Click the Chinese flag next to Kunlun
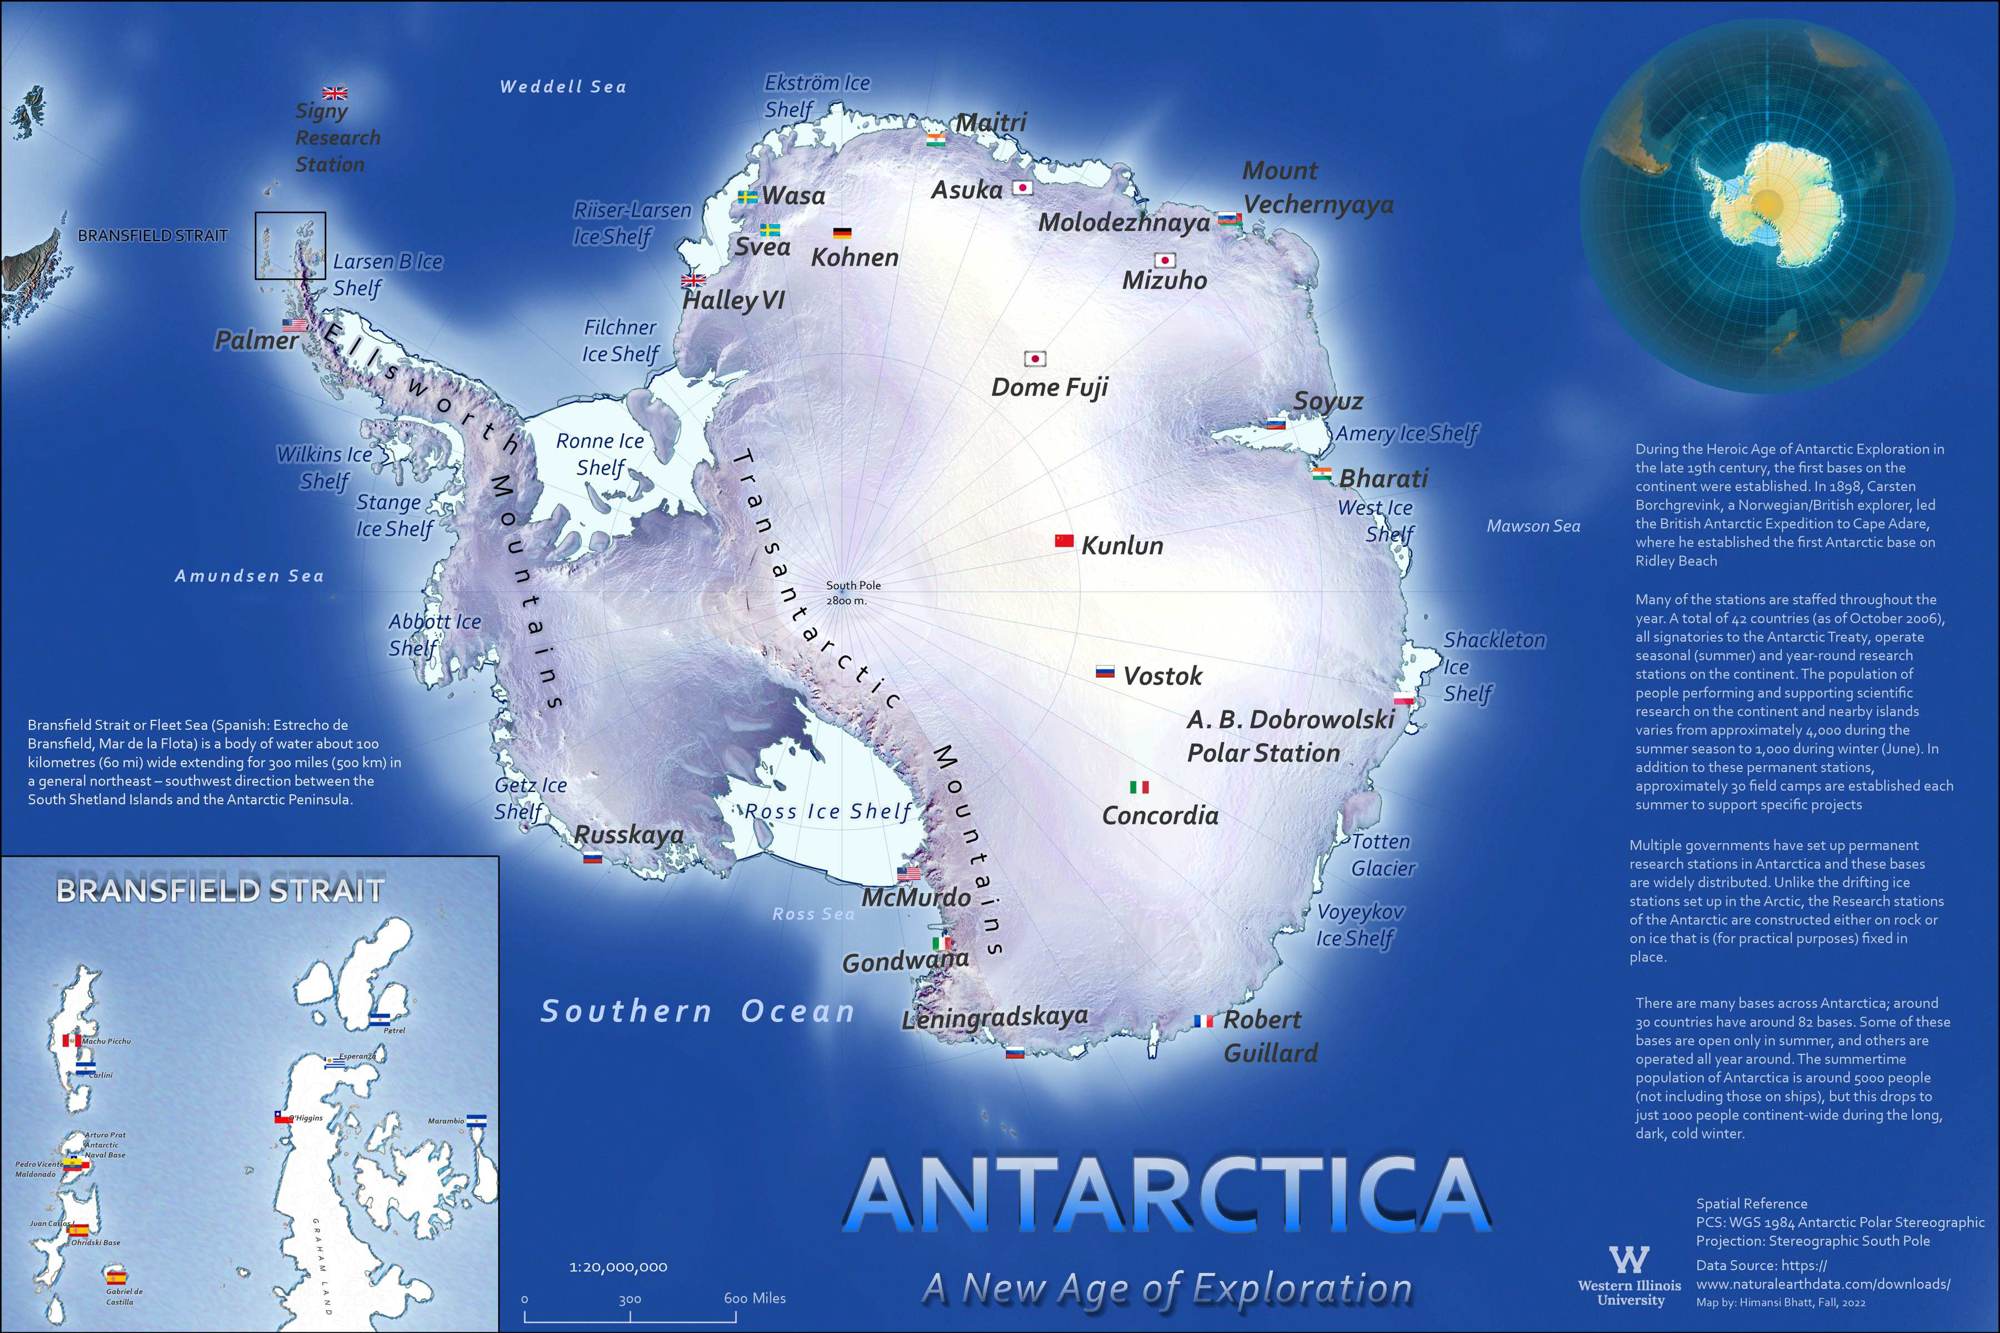coord(1064,540)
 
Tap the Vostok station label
coord(1162,676)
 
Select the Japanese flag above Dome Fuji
coord(1035,359)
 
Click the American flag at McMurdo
coord(909,874)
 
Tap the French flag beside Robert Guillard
coord(1203,1021)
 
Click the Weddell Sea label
coord(563,87)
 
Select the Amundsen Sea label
coord(249,577)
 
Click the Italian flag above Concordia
coord(1139,787)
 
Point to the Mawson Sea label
coord(1533,526)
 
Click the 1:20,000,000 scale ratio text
coord(618,1267)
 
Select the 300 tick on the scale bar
coord(630,1299)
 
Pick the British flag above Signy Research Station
coord(335,93)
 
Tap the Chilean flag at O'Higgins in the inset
coord(283,1118)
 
